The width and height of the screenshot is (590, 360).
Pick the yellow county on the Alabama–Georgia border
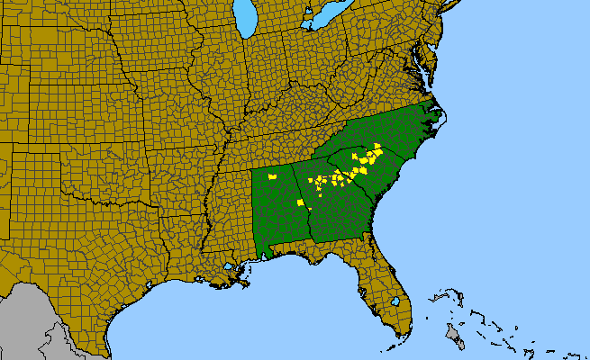(x=309, y=211)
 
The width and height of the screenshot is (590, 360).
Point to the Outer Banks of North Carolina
(x=442, y=121)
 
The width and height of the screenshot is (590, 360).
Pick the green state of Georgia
(x=338, y=211)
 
